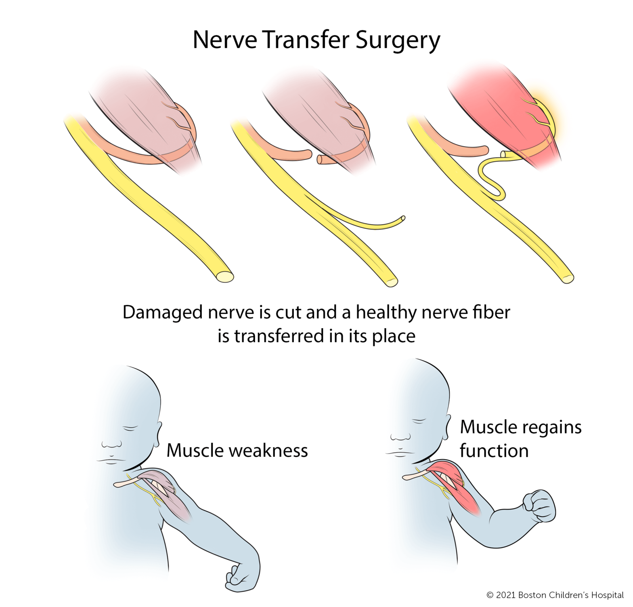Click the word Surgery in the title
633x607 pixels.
tap(397, 40)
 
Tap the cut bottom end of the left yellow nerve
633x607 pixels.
tap(224, 276)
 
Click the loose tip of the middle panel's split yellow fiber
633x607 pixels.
tap(402, 219)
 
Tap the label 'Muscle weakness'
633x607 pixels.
tap(237, 450)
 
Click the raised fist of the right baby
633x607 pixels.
tap(539, 505)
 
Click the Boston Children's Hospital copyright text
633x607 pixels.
tap(555, 595)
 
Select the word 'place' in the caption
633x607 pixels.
tap(393, 336)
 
